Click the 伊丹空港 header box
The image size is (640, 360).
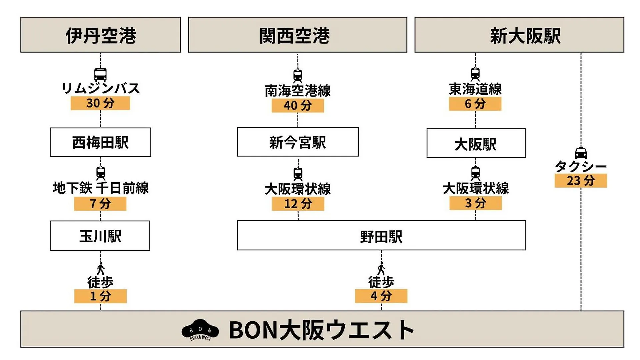[x=101, y=35]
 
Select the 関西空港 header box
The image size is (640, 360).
[x=298, y=35]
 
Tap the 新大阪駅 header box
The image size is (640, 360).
[x=519, y=35]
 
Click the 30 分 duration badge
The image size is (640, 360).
[x=100, y=103]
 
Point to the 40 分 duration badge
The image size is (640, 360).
[x=298, y=106]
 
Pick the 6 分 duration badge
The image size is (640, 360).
[x=475, y=104]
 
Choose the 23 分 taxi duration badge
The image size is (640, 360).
[x=581, y=181]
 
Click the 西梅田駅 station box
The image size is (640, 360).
[x=101, y=142]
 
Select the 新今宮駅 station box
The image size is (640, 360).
[x=298, y=142]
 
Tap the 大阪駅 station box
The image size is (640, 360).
[x=476, y=143]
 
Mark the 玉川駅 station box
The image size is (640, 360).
[x=100, y=236]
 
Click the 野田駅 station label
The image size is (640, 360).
[x=381, y=237]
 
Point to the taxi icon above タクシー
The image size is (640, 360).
[x=581, y=153]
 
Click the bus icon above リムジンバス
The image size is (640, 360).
[x=100, y=75]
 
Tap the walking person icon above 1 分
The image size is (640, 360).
[x=101, y=269]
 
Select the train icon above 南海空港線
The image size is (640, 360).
[x=298, y=76]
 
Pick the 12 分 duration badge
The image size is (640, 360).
[x=298, y=204]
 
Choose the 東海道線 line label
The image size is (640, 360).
[x=475, y=89]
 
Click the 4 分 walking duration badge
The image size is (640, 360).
[x=381, y=296]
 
